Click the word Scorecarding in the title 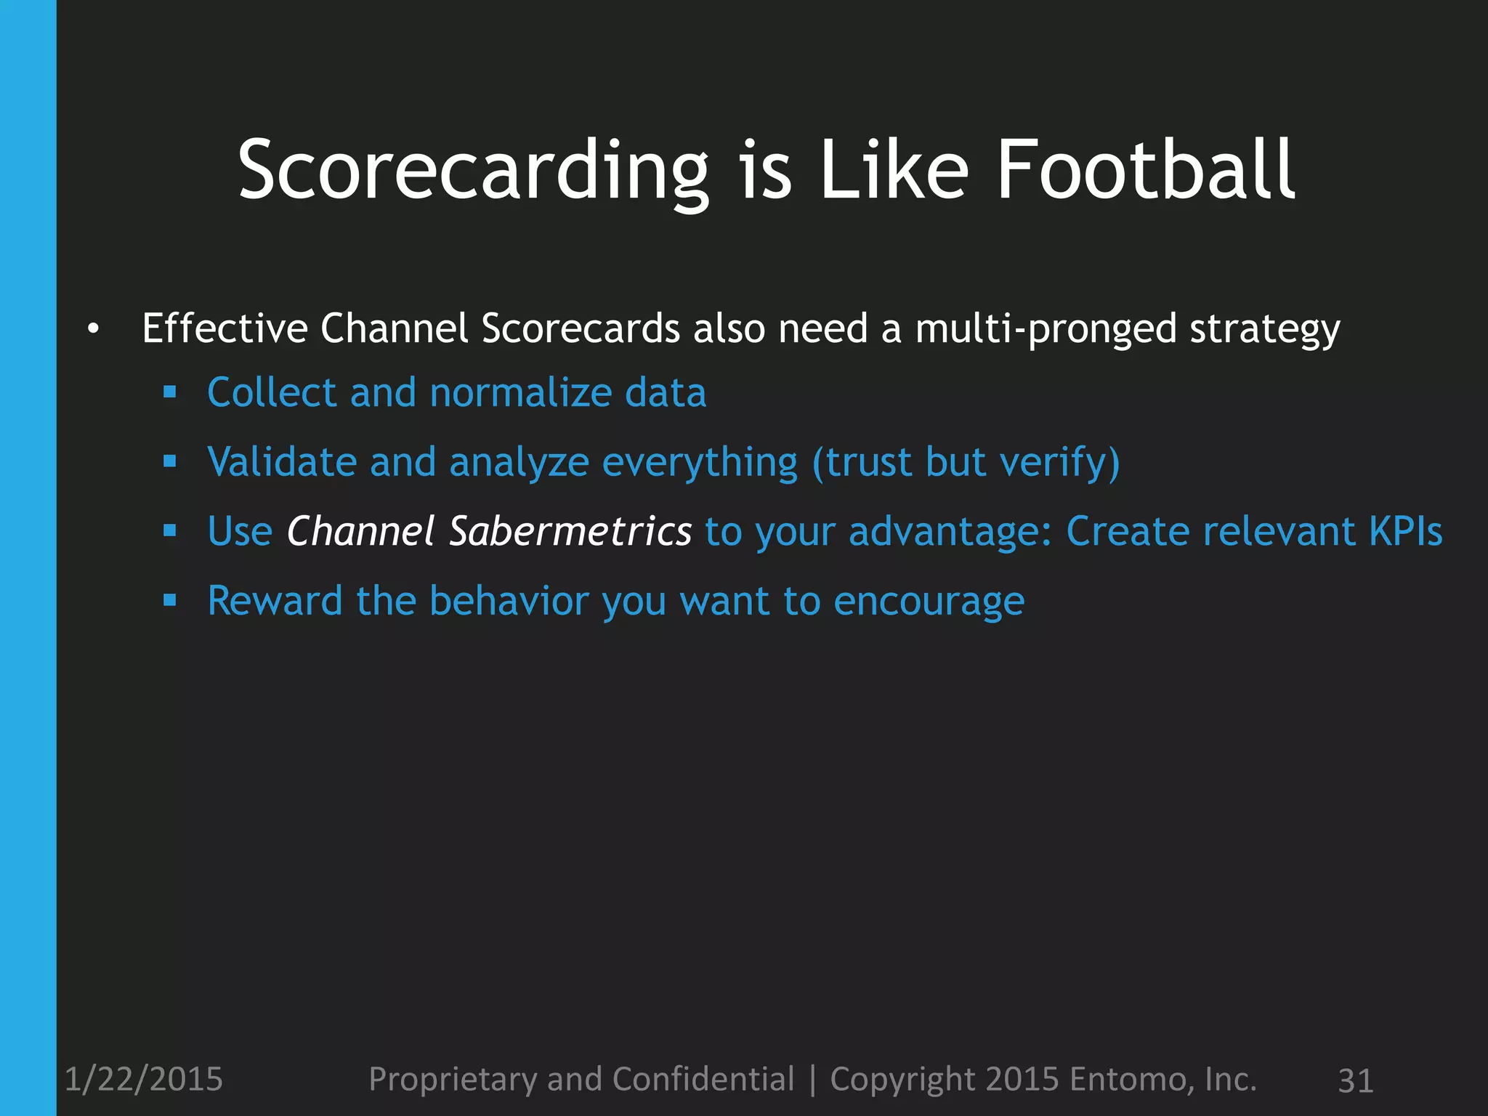click(473, 171)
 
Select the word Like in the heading click(894, 171)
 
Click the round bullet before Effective click(92, 330)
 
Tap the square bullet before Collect click(170, 393)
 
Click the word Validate click(282, 462)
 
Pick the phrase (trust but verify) click(966, 462)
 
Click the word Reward click(275, 601)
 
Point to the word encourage click(929, 601)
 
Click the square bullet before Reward click(170, 601)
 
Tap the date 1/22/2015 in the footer click(144, 1079)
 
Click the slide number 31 click(1355, 1080)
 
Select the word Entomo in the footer click(1131, 1079)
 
